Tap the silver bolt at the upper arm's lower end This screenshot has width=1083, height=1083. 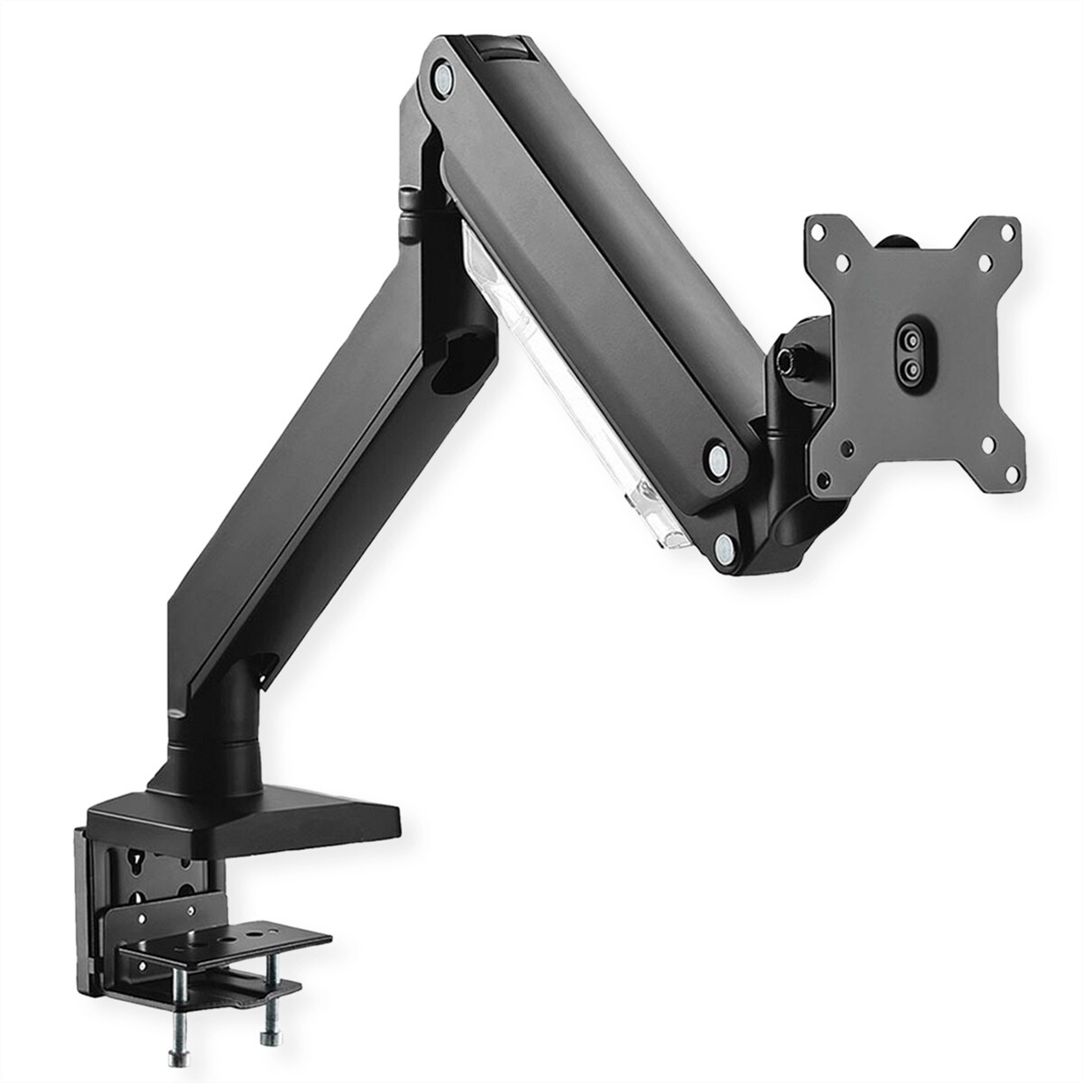click(717, 453)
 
